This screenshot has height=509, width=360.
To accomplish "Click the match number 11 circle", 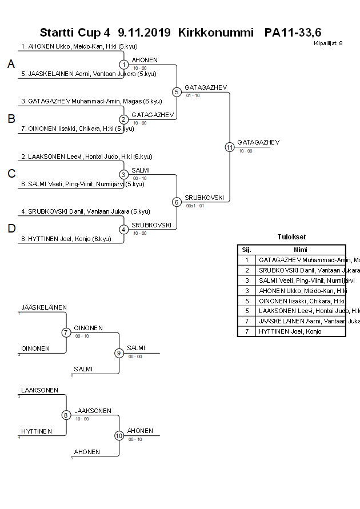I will [229, 147].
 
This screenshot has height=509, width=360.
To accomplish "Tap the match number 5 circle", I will [177, 92].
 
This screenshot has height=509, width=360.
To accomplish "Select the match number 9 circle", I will [119, 353].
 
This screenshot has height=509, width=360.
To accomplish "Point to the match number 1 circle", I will [124, 65].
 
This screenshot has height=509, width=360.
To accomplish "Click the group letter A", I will [11, 65].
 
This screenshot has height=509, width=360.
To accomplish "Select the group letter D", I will [11, 229].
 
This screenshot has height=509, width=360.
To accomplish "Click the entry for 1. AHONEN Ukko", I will [79, 46].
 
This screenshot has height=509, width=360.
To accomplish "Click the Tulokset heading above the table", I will [291, 237].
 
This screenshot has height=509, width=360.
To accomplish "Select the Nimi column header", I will [301, 250].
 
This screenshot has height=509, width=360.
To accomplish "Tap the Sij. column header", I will [247, 250].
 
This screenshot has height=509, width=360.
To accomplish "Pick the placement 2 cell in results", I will [247, 270].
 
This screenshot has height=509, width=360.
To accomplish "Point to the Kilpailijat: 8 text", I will [328, 43].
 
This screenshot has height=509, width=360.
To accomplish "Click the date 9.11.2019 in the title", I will [144, 33].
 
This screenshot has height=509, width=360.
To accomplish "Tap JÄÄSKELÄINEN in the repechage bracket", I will [44, 307].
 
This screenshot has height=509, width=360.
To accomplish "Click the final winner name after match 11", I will [258, 142].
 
